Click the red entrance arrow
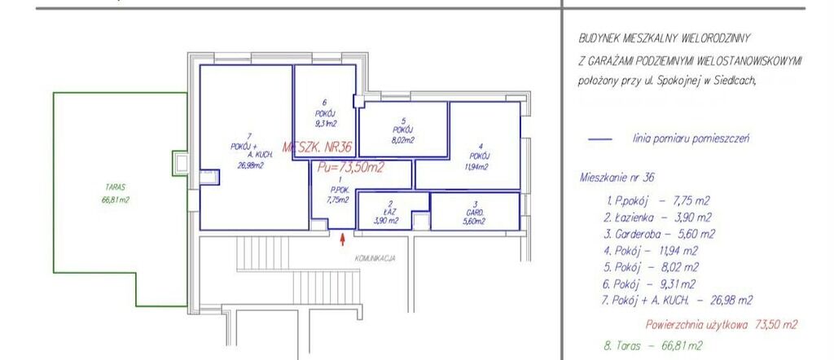click(x=343, y=239)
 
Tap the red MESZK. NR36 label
click(x=318, y=147)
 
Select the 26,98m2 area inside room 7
click(x=251, y=165)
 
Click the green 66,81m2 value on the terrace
click(x=116, y=200)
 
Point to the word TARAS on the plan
click(x=115, y=187)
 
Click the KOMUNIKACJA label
click(x=375, y=258)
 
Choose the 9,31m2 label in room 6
click(x=325, y=124)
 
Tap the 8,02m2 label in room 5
click(x=402, y=140)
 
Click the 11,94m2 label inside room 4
click(x=476, y=166)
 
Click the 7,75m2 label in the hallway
click(x=337, y=200)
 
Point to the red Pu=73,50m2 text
click(x=351, y=168)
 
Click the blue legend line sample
click(x=600, y=139)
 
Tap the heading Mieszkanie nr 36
click(x=617, y=178)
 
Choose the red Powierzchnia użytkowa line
click(x=722, y=324)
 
